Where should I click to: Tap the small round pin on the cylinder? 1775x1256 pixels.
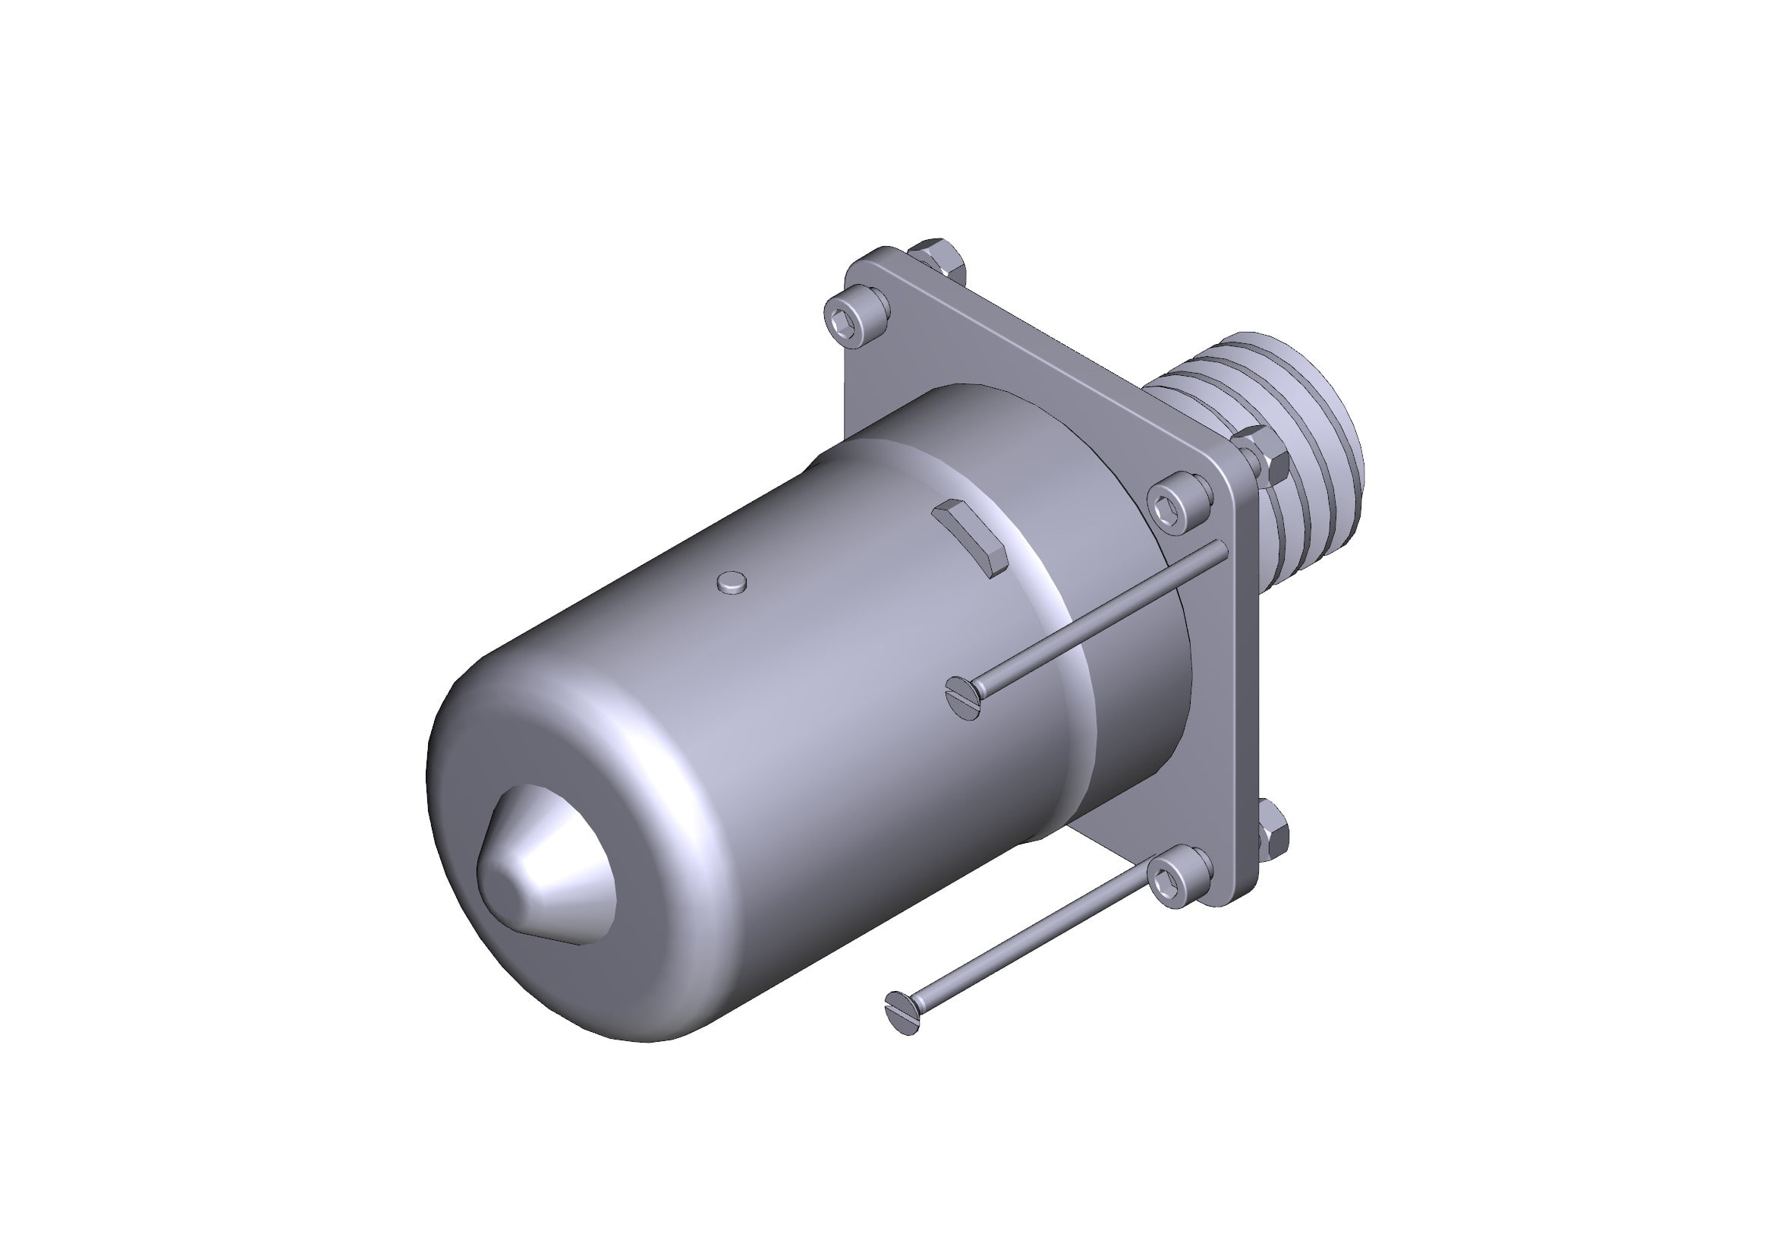(732, 582)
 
